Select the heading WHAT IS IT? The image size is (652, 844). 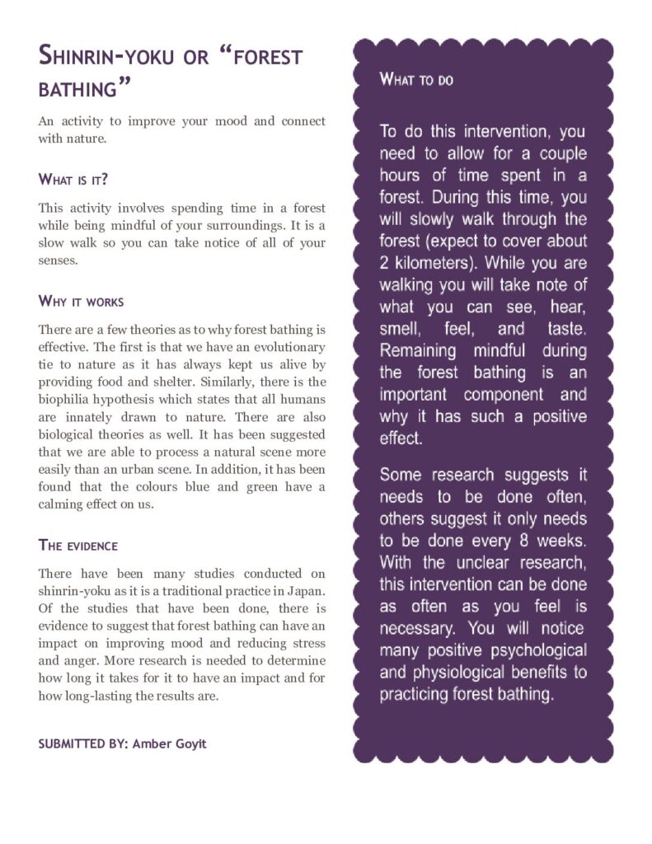[x=74, y=179]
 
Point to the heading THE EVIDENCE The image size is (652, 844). [x=78, y=545]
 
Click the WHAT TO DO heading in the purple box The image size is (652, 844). [x=416, y=80]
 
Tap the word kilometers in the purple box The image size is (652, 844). [x=437, y=264]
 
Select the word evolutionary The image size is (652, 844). [x=284, y=347]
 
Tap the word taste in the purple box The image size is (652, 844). [x=565, y=329]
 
